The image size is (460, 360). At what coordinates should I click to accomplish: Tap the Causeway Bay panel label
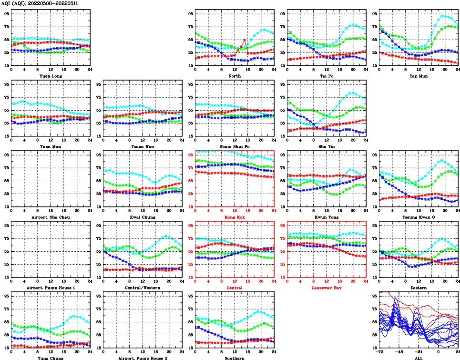[327, 288]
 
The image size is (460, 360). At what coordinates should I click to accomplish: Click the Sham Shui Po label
[235, 146]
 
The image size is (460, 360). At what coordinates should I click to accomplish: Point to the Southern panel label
[235, 358]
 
